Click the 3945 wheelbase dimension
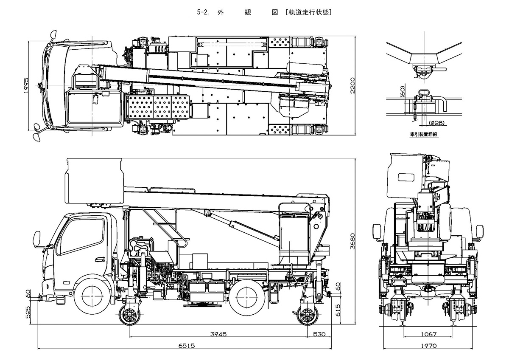point(219,334)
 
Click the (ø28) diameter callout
point(437,123)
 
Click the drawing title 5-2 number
point(202,12)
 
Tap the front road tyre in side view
point(93,293)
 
